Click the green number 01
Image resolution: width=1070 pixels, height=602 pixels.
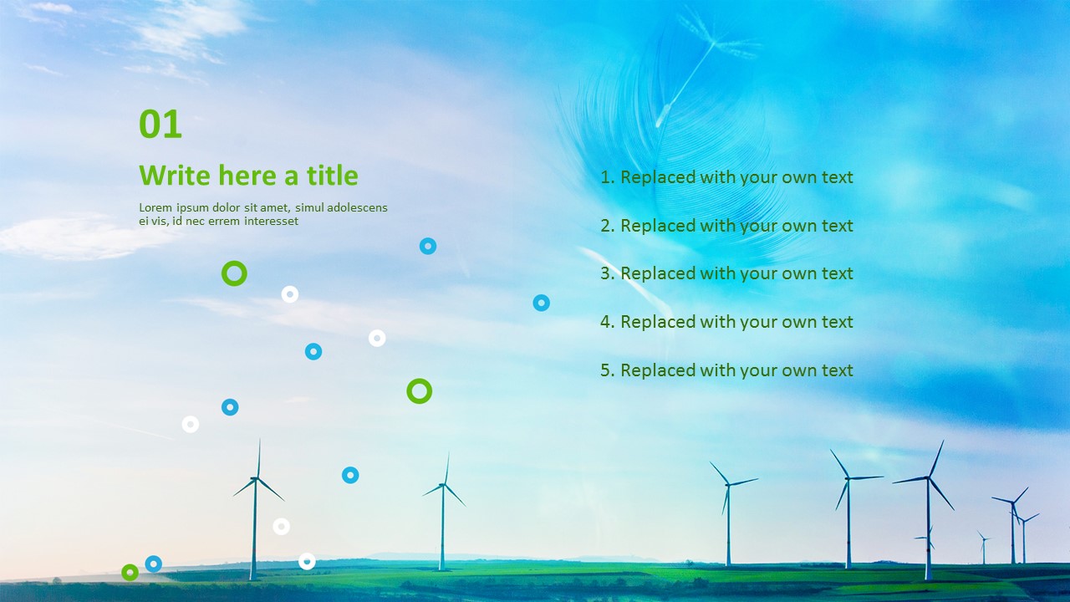(160, 125)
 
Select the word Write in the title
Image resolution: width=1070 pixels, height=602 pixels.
(175, 176)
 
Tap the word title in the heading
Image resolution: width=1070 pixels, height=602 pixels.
(332, 176)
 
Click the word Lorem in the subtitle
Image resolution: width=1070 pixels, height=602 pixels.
(155, 207)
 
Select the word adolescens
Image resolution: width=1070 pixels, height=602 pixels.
(358, 207)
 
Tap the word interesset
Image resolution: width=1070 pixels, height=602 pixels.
(270, 221)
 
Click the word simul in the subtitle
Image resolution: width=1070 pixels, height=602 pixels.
(308, 207)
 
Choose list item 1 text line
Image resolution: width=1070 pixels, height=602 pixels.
(726, 177)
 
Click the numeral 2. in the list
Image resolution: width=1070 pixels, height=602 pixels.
(608, 226)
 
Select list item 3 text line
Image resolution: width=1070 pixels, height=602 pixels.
(726, 273)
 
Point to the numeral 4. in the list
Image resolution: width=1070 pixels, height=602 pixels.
(608, 322)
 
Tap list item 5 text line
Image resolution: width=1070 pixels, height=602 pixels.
(726, 370)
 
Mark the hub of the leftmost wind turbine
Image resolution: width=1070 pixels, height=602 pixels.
(256, 478)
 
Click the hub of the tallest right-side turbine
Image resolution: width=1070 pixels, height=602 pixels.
(928, 477)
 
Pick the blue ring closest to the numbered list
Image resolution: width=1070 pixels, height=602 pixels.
(541, 303)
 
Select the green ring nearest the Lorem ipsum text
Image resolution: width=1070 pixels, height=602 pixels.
(234, 273)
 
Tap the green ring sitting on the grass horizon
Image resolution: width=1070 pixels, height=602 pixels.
(130, 573)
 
